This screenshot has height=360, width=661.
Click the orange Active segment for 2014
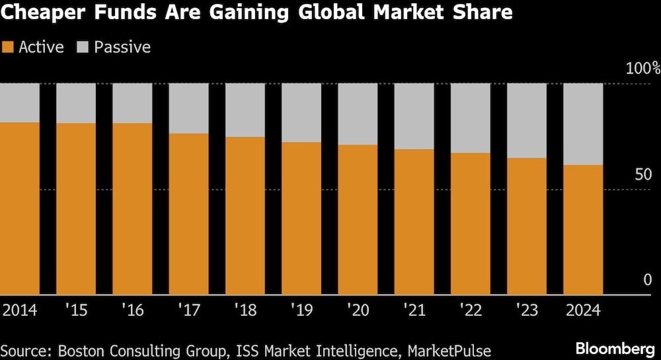20,208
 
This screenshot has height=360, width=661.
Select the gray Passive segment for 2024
583,124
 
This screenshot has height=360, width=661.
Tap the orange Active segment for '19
301,218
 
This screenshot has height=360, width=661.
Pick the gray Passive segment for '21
414,116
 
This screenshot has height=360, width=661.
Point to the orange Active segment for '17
188,213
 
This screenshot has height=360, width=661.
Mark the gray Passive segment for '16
132,103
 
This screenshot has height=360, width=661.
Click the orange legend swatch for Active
8,48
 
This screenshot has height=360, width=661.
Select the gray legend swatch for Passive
83,48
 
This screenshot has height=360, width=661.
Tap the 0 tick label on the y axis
646,280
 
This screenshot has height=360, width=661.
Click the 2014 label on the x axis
20,309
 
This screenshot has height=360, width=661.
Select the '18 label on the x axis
245,309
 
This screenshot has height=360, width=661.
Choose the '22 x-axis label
471,309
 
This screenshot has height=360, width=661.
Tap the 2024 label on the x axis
583,309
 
